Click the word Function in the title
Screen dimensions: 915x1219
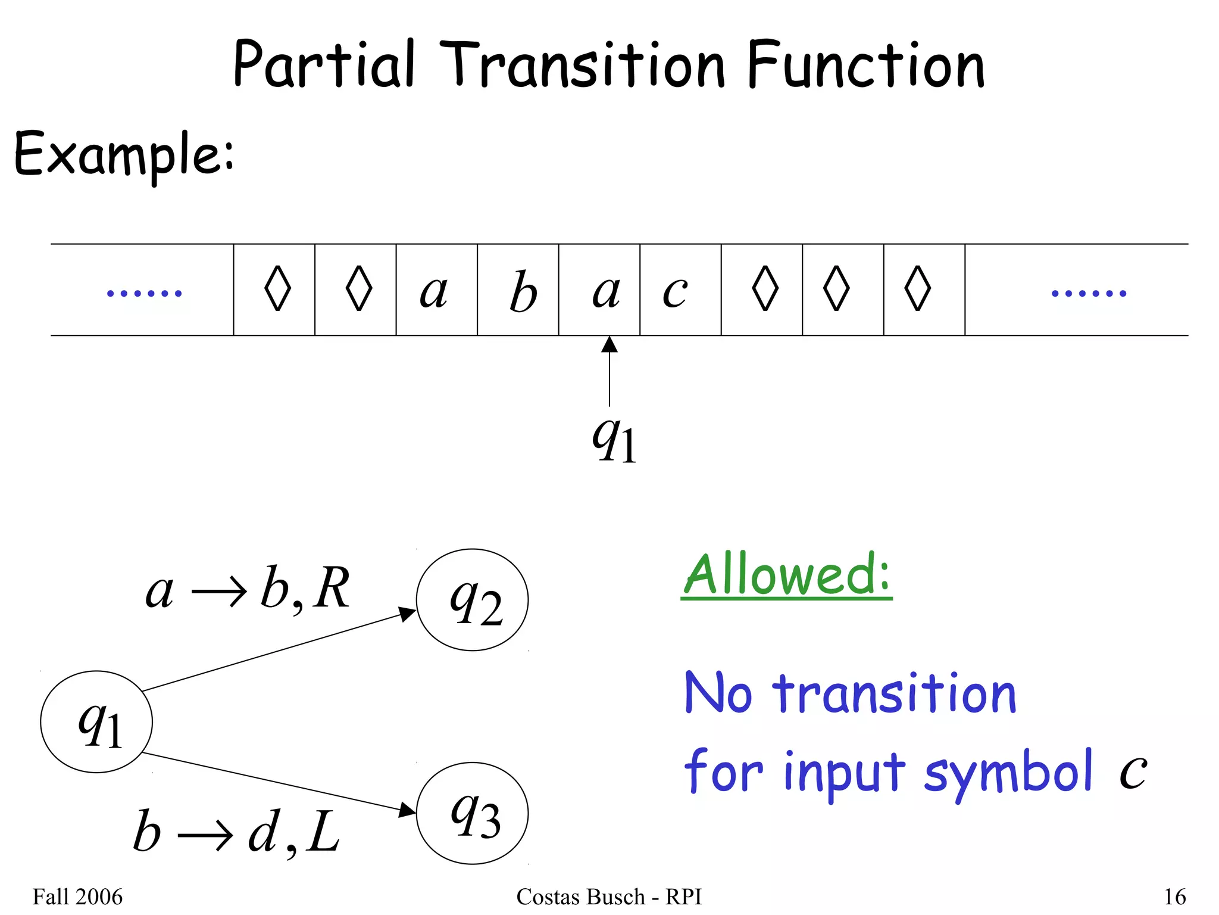coord(865,64)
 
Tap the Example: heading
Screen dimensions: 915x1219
coord(124,154)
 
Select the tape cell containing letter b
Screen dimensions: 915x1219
coord(518,290)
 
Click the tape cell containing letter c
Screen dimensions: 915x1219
coord(680,290)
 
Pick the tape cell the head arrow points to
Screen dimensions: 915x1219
coord(599,290)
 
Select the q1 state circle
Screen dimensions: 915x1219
coord(96,721)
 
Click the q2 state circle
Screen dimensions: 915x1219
coord(472,600)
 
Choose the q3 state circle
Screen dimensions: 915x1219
coord(472,813)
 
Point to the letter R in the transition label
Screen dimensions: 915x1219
coord(332,589)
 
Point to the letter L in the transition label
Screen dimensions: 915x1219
coord(324,833)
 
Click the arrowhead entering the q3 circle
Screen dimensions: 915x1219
coord(408,810)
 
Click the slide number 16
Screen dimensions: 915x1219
coord(1174,897)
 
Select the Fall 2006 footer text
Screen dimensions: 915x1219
coord(77,897)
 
